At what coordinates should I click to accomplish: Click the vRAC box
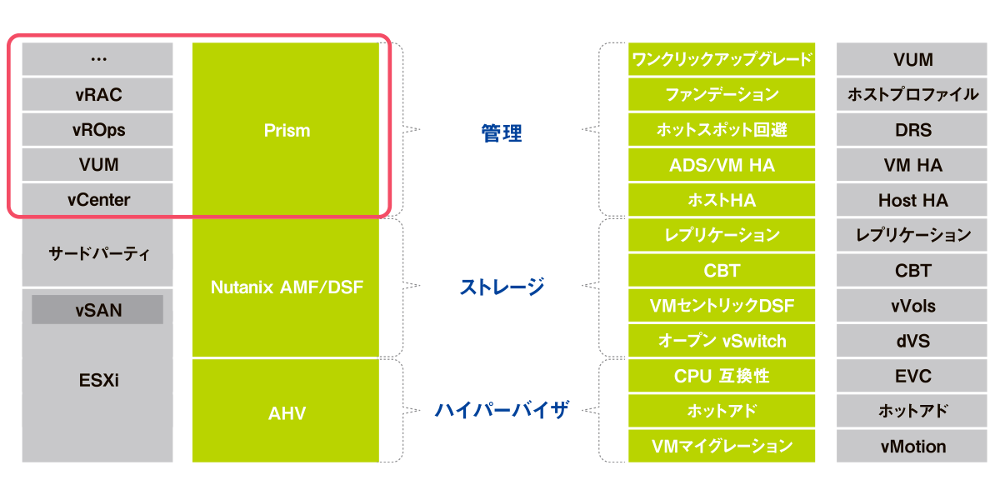[97, 95]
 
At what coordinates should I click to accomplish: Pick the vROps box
[97, 130]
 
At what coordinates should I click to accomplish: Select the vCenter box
[97, 200]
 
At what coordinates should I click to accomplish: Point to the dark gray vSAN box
[97, 310]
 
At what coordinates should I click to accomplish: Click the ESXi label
[97, 381]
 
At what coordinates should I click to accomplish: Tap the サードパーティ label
[97, 253]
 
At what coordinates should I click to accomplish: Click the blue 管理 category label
[501, 132]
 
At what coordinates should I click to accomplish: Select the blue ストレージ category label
[502, 287]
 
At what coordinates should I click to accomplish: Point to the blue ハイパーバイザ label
[502, 410]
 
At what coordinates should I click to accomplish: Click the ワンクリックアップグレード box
[722, 60]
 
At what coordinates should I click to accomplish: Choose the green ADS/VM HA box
[722, 165]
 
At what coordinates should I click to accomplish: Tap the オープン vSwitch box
[722, 341]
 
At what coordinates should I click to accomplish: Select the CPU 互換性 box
[722, 376]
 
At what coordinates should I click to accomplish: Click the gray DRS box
[912, 130]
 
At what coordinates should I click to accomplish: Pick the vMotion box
[912, 446]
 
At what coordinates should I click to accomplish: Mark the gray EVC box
[912, 376]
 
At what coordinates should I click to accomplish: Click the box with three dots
[97, 59]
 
